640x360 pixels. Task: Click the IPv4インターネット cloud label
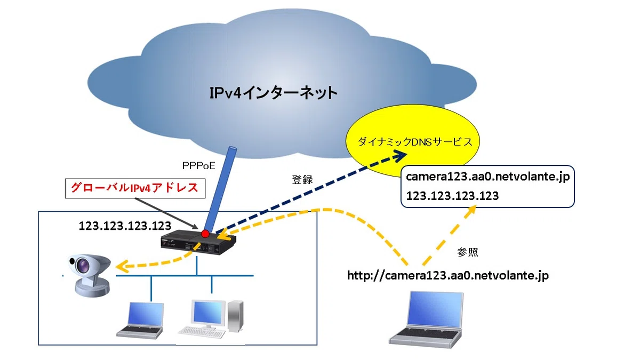274,93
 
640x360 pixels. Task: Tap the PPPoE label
198,166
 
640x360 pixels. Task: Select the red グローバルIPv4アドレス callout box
135,188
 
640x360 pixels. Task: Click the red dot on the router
205,234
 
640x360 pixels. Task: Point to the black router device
198,242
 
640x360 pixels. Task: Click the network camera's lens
83,265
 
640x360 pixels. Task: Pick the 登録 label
302,180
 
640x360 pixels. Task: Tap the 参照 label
468,252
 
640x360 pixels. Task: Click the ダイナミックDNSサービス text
415,142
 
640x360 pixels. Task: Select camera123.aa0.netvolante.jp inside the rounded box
487,177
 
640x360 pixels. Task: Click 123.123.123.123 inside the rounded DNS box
452,196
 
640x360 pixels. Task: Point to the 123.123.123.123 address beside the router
125,226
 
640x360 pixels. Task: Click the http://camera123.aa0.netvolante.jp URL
448,276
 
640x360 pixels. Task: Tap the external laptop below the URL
426,319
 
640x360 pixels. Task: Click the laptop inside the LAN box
140,321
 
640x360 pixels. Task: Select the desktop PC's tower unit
235,317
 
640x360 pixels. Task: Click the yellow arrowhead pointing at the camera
122,267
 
